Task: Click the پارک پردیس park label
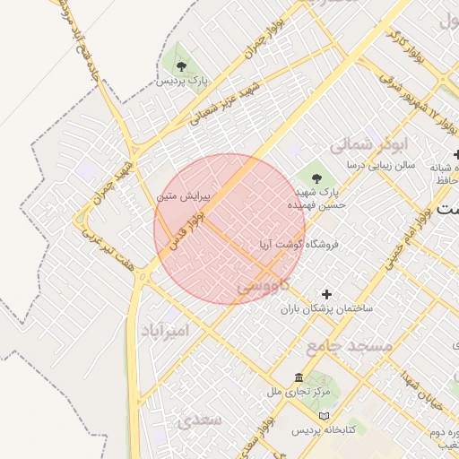(182, 81)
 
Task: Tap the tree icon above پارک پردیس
(182, 65)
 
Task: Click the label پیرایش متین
(183, 195)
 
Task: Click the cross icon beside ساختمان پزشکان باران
(326, 294)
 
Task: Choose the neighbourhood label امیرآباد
(166, 331)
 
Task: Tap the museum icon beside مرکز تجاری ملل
(299, 377)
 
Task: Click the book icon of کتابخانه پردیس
(324, 416)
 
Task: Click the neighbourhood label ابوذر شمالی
(369, 143)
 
